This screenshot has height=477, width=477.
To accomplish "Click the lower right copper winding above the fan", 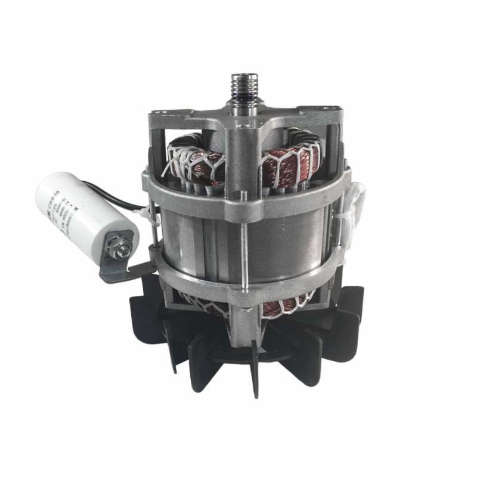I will pos(286,307).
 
